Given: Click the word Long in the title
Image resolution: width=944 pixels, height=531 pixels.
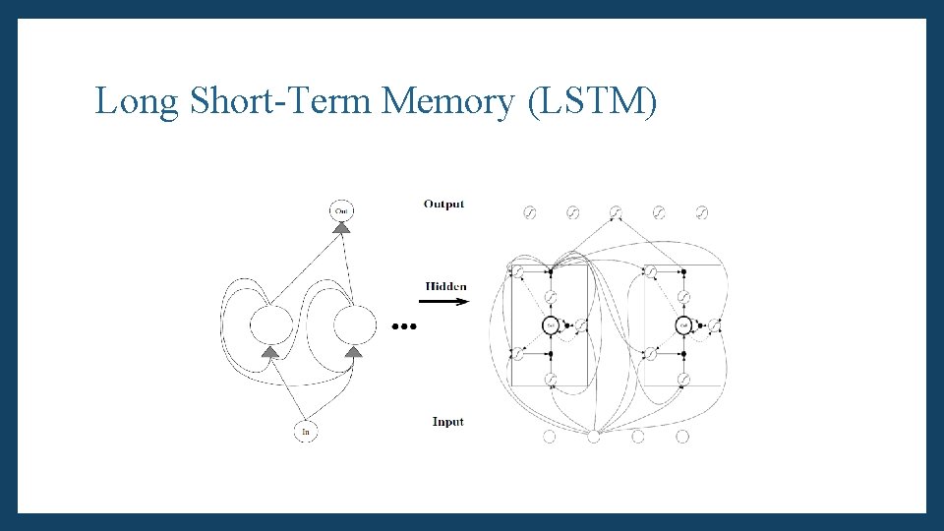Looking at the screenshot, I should tap(137, 101).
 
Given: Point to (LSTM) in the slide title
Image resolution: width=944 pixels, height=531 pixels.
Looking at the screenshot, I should tap(592, 101).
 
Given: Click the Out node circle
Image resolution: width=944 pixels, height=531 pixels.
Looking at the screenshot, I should tap(340, 210).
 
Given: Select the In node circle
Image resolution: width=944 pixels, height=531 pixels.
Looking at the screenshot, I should tap(306, 431).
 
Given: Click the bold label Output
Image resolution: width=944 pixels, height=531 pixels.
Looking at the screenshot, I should tap(443, 205).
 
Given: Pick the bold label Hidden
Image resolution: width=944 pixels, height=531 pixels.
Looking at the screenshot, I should tap(446, 286).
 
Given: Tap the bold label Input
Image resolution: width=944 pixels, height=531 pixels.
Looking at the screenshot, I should tap(447, 422).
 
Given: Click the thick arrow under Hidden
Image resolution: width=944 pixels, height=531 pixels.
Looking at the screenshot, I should tap(447, 302).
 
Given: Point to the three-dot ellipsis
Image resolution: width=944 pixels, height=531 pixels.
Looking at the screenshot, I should tap(404, 325).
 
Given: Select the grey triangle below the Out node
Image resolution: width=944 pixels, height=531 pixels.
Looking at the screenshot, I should tap(341, 228).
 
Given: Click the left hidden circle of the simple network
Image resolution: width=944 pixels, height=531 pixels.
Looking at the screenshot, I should tap(270, 324).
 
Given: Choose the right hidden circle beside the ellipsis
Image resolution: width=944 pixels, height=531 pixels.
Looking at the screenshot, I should tap(355, 324).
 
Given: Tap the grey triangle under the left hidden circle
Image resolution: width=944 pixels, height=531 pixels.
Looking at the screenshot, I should tap(270, 351).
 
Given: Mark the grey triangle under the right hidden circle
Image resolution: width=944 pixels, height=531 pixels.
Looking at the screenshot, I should tap(355, 351).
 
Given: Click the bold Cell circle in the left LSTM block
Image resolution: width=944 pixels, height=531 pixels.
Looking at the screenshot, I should tap(552, 324).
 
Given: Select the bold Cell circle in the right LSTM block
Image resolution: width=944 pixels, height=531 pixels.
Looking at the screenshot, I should tap(684, 324).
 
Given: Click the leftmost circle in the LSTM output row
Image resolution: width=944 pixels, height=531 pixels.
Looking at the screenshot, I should tap(529, 212).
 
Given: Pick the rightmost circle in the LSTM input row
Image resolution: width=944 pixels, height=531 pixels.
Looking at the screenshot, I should tap(682, 437).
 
